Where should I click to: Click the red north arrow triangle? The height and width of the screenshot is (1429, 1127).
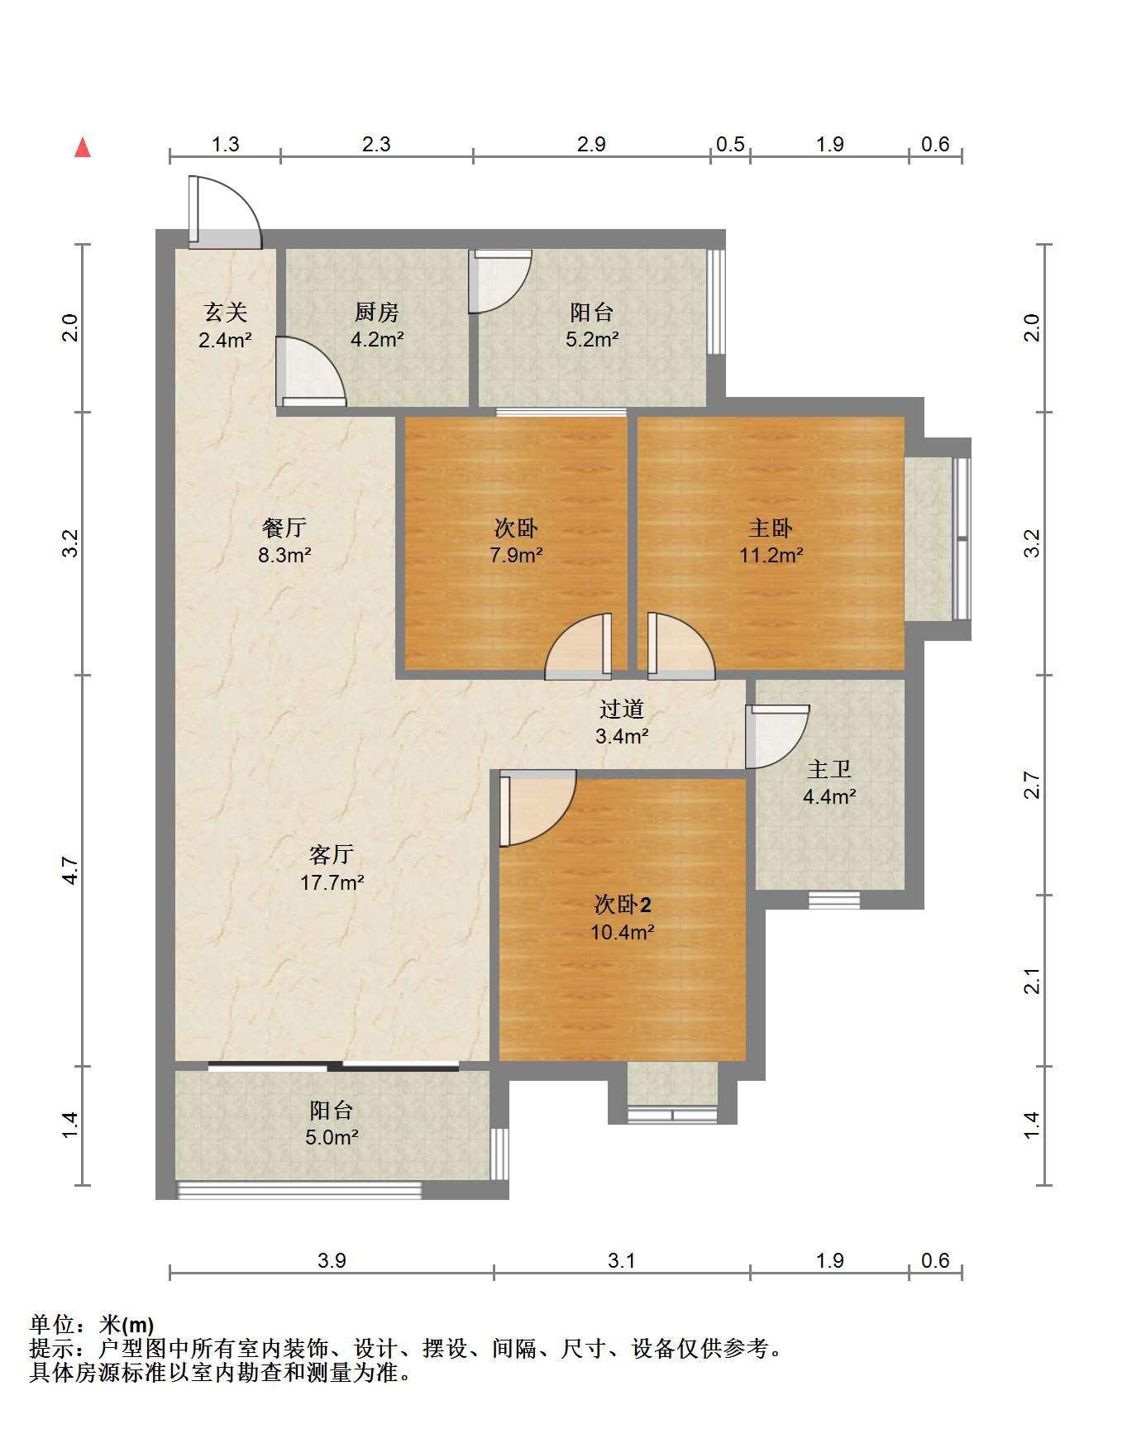click(83, 148)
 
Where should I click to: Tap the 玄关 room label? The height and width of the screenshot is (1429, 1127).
click(225, 312)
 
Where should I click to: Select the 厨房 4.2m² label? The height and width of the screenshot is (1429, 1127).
click(376, 325)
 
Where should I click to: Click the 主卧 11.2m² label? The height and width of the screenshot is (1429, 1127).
click(771, 541)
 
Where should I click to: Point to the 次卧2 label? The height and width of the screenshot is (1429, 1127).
click(623, 905)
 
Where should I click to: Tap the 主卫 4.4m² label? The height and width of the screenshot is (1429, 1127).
click(829, 783)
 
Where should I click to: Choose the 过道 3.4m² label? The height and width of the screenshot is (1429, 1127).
click(622, 722)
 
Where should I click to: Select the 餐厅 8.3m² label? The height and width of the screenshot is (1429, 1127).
click(284, 541)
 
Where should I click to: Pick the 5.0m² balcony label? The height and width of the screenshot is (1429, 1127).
click(332, 1123)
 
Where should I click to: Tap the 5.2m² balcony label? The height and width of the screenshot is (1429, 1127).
click(592, 325)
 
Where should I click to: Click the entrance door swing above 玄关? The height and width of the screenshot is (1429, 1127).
click(224, 212)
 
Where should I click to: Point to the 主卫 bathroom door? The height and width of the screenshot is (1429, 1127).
click(777, 736)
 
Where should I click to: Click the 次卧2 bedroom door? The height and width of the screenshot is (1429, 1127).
click(537, 808)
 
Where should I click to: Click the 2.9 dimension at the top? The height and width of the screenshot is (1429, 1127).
click(591, 145)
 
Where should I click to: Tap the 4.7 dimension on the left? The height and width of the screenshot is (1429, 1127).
click(70, 871)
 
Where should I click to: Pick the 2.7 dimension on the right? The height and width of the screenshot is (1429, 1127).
click(1031, 785)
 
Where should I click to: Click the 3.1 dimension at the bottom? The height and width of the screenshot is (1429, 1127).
click(621, 1260)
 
